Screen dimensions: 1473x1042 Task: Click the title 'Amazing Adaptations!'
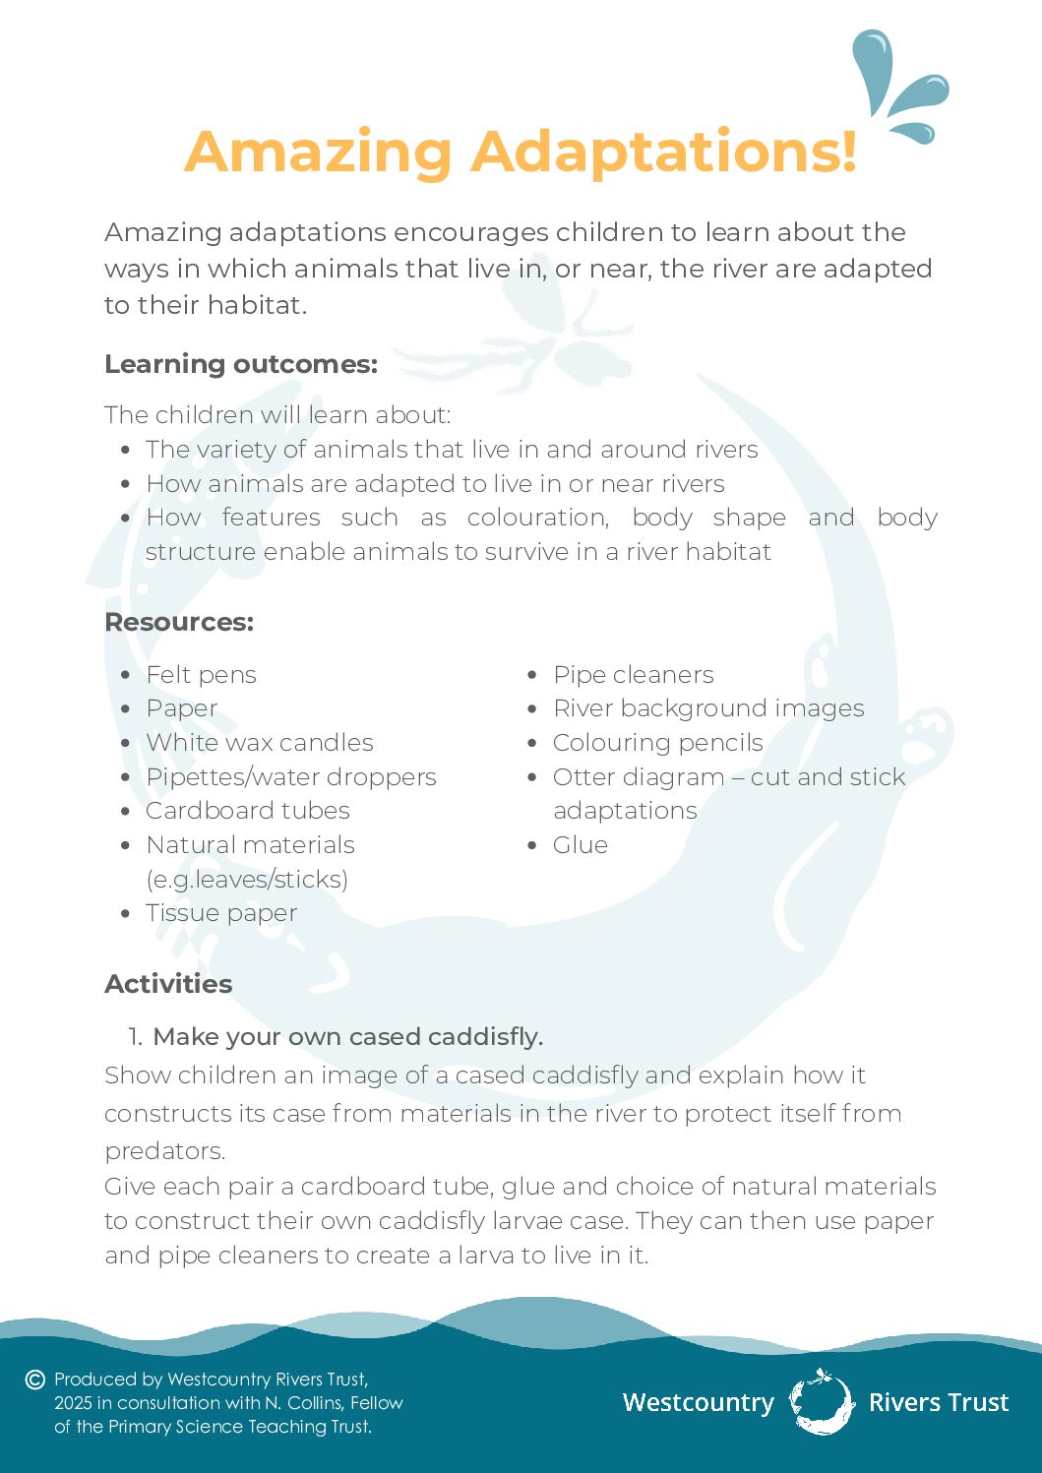pyautogui.click(x=521, y=153)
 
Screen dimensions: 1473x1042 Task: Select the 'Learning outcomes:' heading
pyautogui.click(x=241, y=364)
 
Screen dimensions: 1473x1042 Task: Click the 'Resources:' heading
pyautogui.click(x=179, y=622)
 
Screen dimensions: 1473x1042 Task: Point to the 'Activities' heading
pyautogui.click(x=168, y=984)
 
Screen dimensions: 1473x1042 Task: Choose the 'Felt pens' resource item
pyautogui.click(x=201, y=675)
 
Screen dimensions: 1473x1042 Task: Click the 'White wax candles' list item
pyautogui.click(x=260, y=743)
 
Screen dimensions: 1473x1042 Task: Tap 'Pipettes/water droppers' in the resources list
pyautogui.click(x=290, y=777)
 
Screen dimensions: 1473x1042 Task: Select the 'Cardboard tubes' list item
pyautogui.click(x=248, y=811)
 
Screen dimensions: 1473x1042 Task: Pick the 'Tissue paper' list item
pyautogui.click(x=221, y=913)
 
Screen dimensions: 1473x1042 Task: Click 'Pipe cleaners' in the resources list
pyautogui.click(x=634, y=675)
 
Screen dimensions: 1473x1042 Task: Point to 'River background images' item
pyautogui.click(x=708, y=708)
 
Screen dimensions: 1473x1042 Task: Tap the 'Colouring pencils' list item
pyautogui.click(x=658, y=743)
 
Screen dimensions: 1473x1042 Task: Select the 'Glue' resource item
pyautogui.click(x=581, y=845)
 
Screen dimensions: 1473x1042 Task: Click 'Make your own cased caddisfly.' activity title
pyautogui.click(x=347, y=1037)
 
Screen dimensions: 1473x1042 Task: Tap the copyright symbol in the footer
pyautogui.click(x=35, y=1380)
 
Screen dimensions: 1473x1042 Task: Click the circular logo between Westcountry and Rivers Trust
pyautogui.click(x=822, y=1401)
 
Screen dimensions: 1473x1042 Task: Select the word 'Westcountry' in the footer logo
pyautogui.click(x=699, y=1402)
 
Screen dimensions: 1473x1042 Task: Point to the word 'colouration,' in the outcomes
pyautogui.click(x=538, y=518)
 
